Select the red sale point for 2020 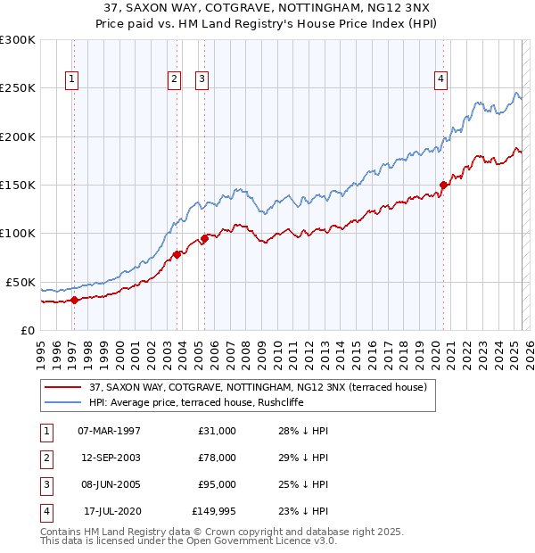click(x=443, y=185)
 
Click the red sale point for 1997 click(x=75, y=300)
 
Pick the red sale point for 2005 click(x=204, y=238)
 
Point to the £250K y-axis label click(x=18, y=88)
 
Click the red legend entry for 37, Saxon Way click(x=259, y=387)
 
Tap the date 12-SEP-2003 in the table click(x=110, y=458)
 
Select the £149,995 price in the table click(x=214, y=511)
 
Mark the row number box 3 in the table click(x=45, y=484)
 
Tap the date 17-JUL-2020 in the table click(x=112, y=511)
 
